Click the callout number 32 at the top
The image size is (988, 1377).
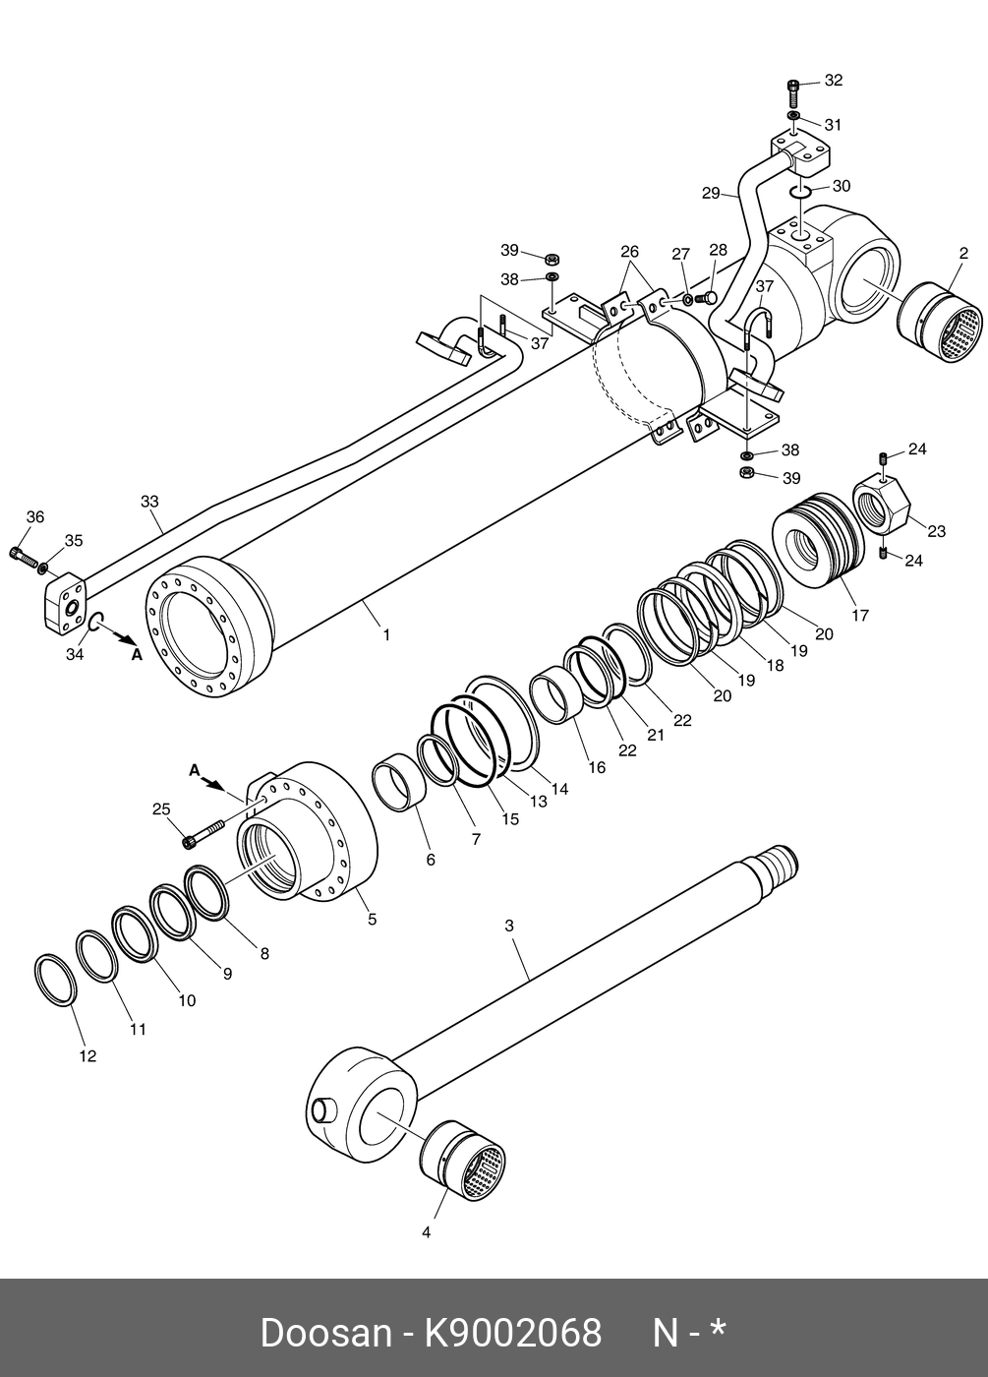pyautogui.click(x=834, y=81)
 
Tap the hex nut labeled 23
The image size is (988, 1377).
pyautogui.click(x=878, y=502)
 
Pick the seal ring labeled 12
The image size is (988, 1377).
pyautogui.click(x=54, y=980)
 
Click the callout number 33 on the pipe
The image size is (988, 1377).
pyautogui.click(x=149, y=502)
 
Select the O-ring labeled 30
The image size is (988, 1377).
pyautogui.click(x=799, y=189)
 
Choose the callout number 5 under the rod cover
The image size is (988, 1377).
pyautogui.click(x=372, y=920)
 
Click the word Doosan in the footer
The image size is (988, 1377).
pyautogui.click(x=325, y=1334)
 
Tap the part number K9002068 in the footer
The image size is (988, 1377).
pyautogui.click(x=512, y=1334)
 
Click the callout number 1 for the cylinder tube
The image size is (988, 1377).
pyautogui.click(x=386, y=635)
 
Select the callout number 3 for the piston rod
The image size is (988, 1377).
pyautogui.click(x=509, y=926)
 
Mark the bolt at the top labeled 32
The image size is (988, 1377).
pyautogui.click(x=794, y=96)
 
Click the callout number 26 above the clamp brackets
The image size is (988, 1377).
pyautogui.click(x=629, y=252)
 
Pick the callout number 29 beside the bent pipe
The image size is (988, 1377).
pyautogui.click(x=712, y=194)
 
